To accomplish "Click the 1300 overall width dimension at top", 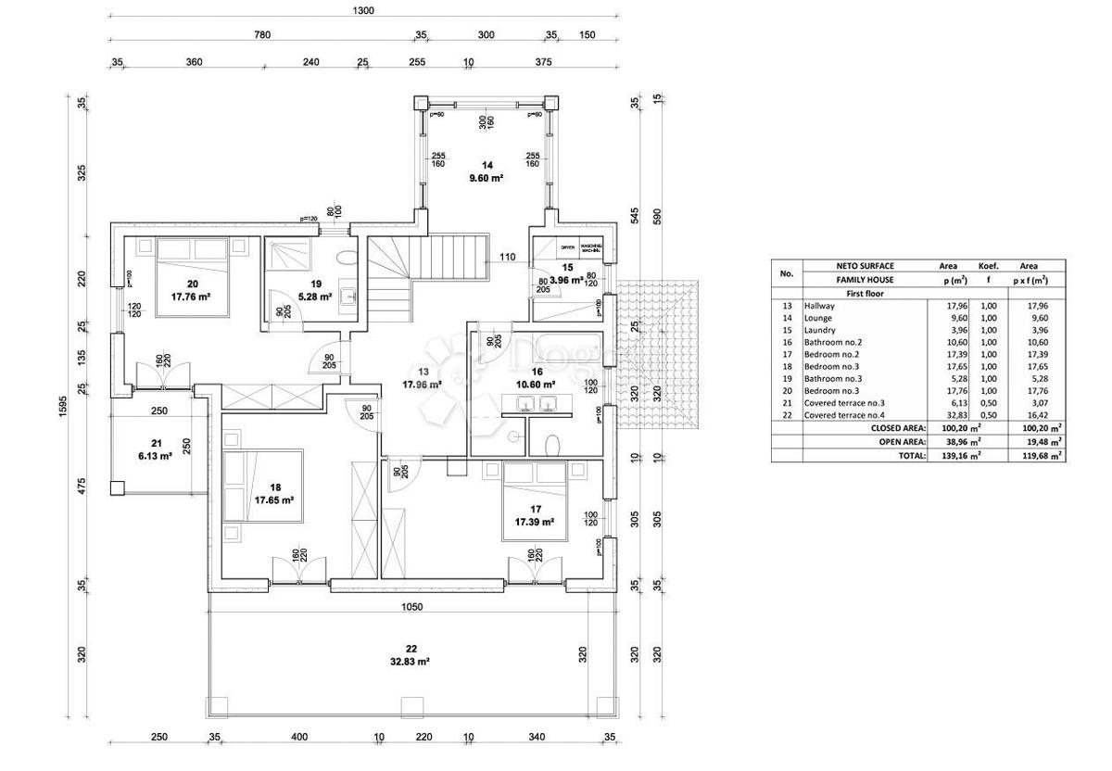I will [363, 10].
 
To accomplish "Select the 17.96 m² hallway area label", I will [422, 383].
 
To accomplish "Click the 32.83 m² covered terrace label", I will [409, 662].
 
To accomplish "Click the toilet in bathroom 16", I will [552, 443].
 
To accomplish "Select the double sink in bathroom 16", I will [534, 403].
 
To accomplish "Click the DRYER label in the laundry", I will [567, 247].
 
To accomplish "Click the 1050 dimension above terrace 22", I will [411, 607].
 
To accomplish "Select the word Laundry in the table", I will [820, 330].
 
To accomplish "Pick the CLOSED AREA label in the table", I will [898, 428].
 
